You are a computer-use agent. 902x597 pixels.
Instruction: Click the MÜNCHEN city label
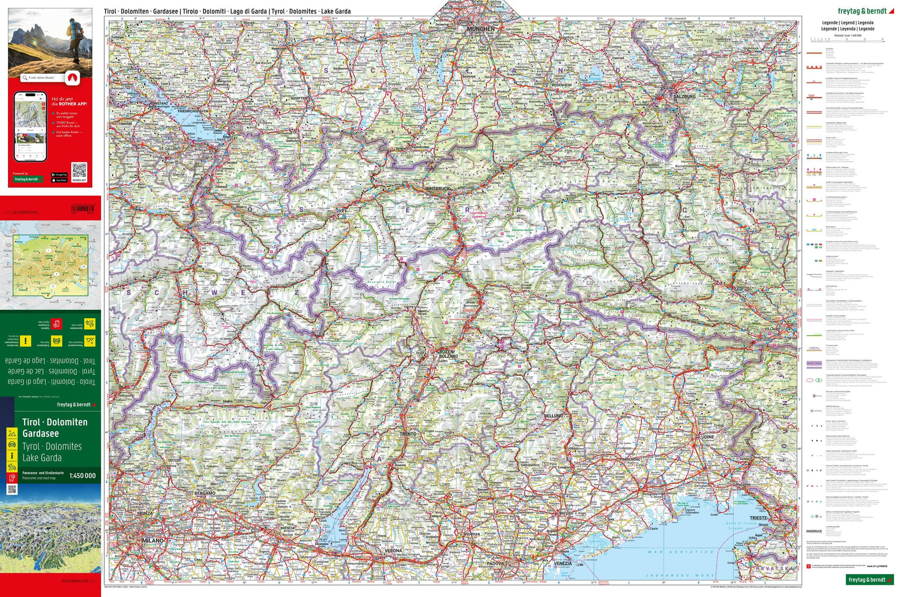pos(480,29)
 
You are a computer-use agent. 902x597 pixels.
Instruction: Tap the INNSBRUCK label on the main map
pos(438,188)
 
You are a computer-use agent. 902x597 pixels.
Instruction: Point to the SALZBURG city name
pos(684,96)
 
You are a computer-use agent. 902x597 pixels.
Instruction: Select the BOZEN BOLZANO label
pos(448,354)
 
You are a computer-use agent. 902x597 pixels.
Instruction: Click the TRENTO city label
pos(408,434)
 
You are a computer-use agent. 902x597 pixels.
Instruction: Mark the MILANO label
pos(152,541)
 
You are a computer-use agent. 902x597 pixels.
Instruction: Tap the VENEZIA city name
pos(562,563)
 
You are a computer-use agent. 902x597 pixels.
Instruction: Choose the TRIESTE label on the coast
pos(758,518)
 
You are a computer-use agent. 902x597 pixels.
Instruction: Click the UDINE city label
pos(707,436)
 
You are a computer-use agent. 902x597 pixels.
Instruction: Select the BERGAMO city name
pos(205,493)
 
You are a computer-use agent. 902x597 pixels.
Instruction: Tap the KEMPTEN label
pos(299,98)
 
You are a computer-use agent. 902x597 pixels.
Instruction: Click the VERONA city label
pos(393,550)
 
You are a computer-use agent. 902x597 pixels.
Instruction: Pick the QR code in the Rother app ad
pos(79,171)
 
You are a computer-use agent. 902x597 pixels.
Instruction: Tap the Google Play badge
pos(59,175)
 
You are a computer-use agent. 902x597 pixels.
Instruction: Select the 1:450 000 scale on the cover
pos(82,475)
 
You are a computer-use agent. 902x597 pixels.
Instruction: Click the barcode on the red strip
pos(82,208)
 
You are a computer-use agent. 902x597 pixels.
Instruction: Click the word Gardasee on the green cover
pos(41,433)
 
